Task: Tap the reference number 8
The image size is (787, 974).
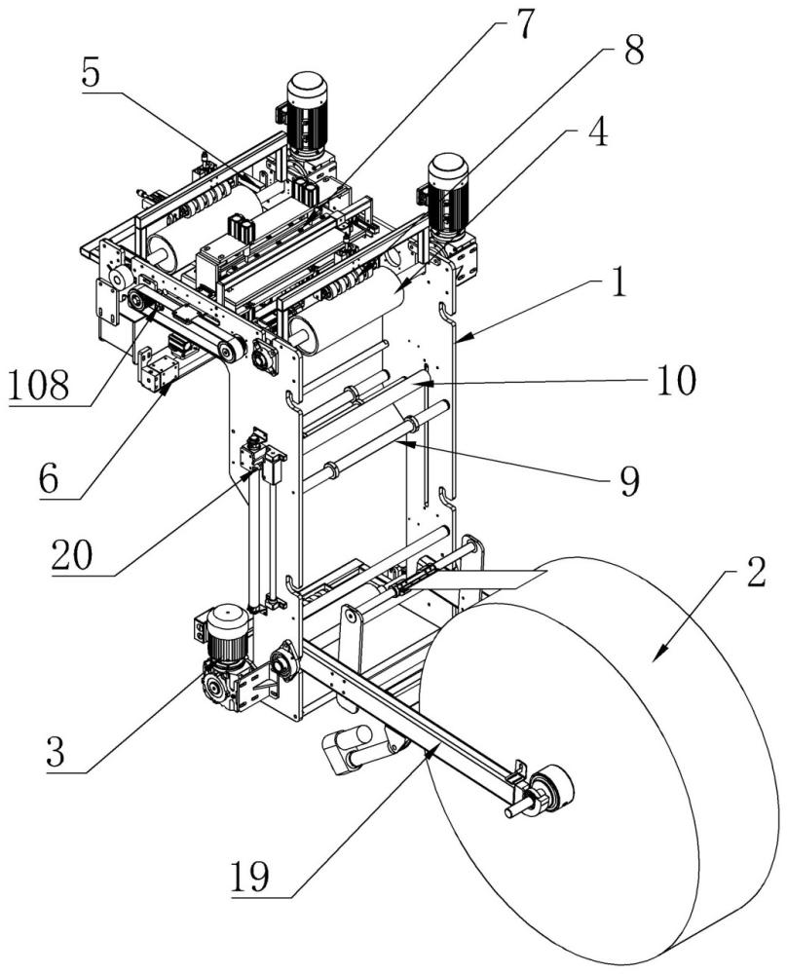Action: pyautogui.click(x=634, y=52)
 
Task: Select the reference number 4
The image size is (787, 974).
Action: pyautogui.click(x=599, y=132)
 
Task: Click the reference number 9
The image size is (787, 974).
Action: pyautogui.click(x=629, y=481)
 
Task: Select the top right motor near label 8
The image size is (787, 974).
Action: pyautogui.click(x=448, y=195)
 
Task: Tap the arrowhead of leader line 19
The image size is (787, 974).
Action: pyautogui.click(x=430, y=751)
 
